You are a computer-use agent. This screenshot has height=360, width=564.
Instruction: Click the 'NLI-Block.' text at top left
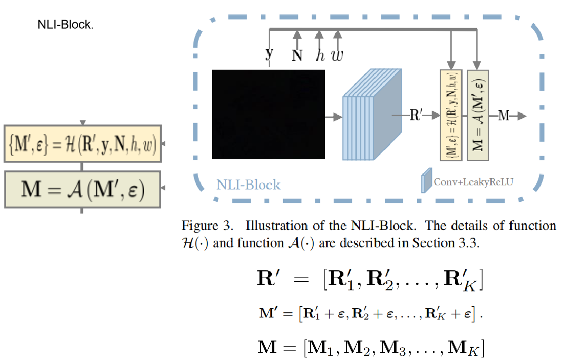(x=66, y=25)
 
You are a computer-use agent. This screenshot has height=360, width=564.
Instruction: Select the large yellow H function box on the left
(x=82, y=143)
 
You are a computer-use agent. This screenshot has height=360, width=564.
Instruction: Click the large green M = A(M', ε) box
(x=82, y=189)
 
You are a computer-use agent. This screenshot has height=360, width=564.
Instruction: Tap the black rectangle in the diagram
(x=269, y=114)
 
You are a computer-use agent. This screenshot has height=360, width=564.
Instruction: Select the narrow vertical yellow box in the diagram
(x=451, y=115)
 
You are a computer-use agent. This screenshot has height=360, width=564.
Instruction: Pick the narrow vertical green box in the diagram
(x=478, y=115)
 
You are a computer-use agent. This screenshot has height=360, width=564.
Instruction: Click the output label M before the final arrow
(x=504, y=116)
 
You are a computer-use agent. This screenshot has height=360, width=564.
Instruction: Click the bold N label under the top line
(x=297, y=56)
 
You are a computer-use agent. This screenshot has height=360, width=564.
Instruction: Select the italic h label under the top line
(x=320, y=55)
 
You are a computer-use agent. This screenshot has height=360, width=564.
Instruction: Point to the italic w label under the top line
(x=337, y=56)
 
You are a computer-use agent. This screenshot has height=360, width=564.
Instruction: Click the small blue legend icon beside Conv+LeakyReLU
(x=425, y=182)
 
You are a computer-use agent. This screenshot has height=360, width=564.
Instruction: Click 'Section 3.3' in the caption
(x=453, y=243)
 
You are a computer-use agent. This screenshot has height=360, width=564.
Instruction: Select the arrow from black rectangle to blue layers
(x=334, y=117)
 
